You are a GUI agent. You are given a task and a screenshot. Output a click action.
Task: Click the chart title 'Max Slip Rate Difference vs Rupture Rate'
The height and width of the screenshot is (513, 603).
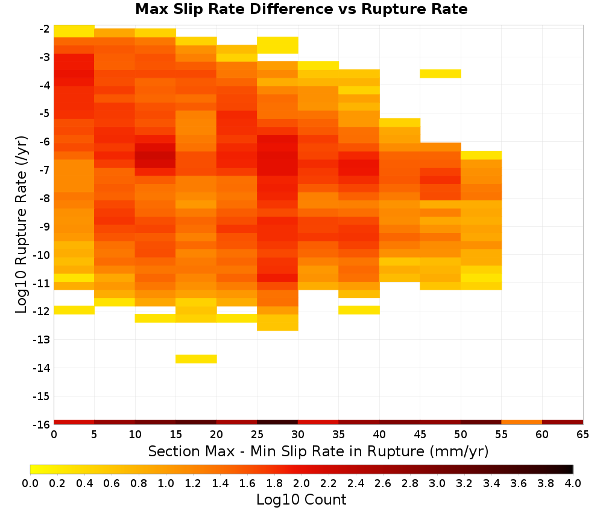(x=301, y=9)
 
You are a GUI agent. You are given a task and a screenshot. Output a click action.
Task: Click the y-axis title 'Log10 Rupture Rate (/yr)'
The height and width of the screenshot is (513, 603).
(x=21, y=225)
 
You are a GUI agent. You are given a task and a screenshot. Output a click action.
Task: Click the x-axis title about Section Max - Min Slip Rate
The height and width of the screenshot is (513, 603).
(x=318, y=451)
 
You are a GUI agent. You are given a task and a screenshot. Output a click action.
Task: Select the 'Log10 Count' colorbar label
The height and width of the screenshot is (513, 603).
(x=301, y=500)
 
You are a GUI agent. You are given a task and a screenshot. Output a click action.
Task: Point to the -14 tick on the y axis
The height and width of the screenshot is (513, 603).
(x=42, y=368)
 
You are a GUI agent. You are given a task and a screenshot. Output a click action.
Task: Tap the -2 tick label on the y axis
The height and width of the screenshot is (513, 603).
(x=44, y=29)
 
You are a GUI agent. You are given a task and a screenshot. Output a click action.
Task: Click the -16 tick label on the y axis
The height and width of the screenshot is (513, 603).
(x=42, y=424)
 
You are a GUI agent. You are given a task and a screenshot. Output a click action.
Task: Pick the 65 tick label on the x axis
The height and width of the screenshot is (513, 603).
(x=582, y=435)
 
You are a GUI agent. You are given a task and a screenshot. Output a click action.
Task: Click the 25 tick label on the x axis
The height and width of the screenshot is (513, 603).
(x=257, y=435)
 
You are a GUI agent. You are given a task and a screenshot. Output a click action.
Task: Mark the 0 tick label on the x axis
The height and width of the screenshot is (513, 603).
(x=54, y=435)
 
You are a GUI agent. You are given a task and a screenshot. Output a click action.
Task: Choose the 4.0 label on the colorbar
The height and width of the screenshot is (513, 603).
(x=573, y=483)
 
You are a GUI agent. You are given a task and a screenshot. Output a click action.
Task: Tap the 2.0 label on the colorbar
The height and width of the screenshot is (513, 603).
(x=301, y=483)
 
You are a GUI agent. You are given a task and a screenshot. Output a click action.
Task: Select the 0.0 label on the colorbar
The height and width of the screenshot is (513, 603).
(x=30, y=483)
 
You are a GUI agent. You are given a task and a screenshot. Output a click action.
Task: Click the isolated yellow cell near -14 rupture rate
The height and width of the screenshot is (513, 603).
(x=196, y=358)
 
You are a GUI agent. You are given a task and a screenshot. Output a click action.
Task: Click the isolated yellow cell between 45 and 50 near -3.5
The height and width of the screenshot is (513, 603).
(x=440, y=74)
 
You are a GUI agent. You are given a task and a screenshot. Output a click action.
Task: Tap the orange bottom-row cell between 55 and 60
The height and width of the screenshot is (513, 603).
(x=522, y=422)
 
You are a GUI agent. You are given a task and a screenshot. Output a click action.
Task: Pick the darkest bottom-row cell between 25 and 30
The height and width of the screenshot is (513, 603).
(x=277, y=422)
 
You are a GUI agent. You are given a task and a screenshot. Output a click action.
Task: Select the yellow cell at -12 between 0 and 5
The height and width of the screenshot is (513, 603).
(x=74, y=310)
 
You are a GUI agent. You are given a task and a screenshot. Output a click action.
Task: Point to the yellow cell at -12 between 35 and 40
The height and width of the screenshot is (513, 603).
(x=359, y=310)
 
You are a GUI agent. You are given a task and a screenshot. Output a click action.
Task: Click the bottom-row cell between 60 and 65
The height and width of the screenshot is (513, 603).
(x=563, y=422)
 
